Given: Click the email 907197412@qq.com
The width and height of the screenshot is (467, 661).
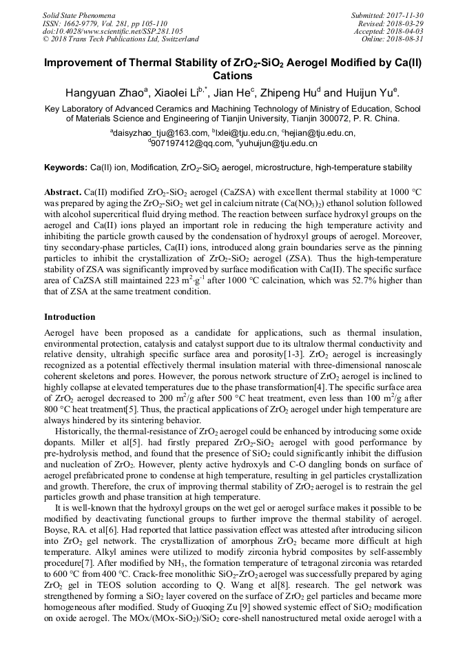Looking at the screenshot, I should coord(182,143).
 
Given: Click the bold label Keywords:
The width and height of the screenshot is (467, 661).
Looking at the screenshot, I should coord(66,167).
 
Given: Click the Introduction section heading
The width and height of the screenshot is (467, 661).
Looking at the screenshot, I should coord(70,317).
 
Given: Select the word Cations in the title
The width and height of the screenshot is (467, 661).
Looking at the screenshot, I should coord(233,76).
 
